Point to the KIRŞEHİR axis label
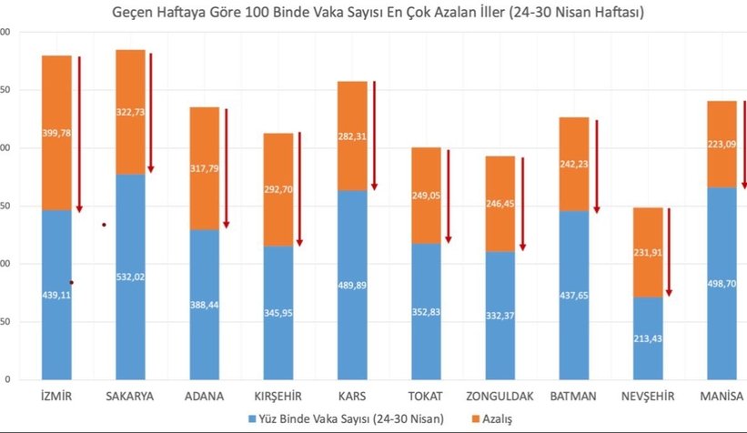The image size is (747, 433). (278, 397)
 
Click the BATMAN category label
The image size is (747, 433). (574, 397)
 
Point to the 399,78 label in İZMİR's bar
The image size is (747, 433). (56, 133)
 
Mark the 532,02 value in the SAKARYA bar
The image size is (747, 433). (130, 277)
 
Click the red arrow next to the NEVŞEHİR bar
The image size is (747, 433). (670, 252)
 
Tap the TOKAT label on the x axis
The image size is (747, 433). (427, 397)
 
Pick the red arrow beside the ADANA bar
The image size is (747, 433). (227, 168)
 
